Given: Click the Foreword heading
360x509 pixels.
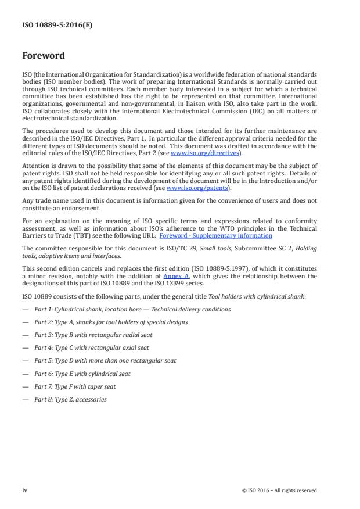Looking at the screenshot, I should click(x=43, y=56).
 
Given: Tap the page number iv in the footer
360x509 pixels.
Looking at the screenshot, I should click(x=25, y=490).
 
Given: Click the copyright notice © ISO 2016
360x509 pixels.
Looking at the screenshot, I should click(x=279, y=490).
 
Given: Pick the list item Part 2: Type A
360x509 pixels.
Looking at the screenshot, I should click(x=110, y=322).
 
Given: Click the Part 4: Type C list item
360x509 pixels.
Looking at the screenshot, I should click(x=91, y=347).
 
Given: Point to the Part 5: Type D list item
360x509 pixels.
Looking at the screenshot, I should click(x=105, y=360).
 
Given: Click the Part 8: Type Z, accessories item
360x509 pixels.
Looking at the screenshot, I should click(x=70, y=399).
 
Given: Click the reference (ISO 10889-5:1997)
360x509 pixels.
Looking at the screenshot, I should click(x=217, y=269).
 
